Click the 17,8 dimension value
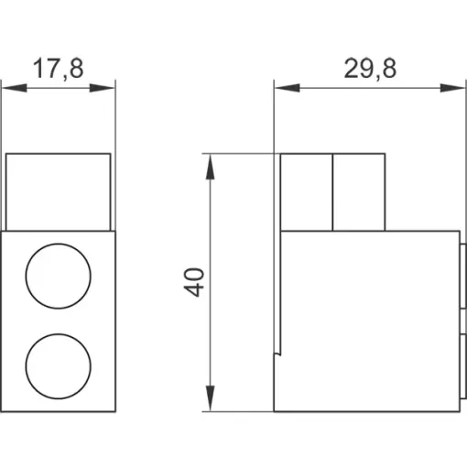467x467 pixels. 58,69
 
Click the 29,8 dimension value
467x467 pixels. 370,69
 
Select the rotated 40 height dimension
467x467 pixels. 194,282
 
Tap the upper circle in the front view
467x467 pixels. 58,244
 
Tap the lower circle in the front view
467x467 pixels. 58,334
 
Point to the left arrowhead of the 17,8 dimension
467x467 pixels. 15,88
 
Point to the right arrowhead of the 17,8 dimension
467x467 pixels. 102,88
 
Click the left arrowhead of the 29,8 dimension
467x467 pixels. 288,88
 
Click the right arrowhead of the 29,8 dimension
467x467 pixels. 453,88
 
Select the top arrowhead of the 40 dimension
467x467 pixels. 210,167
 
